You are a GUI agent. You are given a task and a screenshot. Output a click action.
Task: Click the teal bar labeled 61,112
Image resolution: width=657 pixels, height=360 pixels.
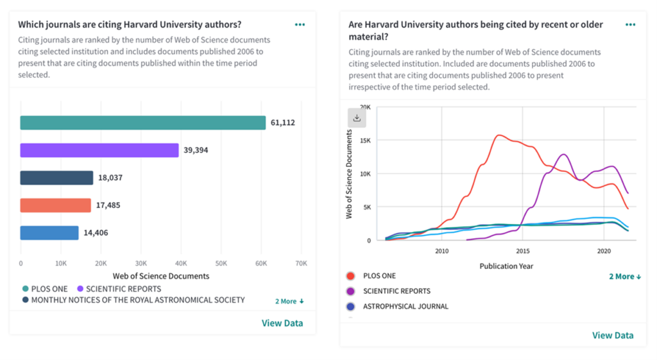click(142, 123)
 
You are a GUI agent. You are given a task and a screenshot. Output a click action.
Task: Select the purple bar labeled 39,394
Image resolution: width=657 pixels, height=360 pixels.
click(99, 150)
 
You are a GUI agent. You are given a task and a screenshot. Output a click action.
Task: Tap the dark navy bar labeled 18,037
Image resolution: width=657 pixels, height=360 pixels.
click(56, 178)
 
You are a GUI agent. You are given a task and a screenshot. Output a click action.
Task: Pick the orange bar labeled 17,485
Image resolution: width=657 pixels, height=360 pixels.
click(56, 205)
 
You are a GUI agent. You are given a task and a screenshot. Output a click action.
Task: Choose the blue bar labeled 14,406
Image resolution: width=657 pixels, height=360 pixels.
click(49, 233)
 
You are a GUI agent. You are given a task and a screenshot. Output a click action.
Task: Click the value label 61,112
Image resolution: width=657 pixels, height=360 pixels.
click(282, 123)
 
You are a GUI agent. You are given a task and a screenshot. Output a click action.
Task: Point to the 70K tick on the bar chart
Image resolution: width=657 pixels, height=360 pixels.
click(300, 263)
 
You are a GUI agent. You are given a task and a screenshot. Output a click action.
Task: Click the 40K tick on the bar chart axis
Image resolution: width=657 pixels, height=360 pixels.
click(181, 263)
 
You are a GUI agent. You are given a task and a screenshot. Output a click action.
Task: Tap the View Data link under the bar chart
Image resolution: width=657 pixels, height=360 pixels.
click(282, 323)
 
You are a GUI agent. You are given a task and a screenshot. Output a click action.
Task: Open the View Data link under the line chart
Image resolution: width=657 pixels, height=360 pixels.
click(613, 335)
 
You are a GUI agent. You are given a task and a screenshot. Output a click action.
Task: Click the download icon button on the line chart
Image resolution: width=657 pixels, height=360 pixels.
click(357, 118)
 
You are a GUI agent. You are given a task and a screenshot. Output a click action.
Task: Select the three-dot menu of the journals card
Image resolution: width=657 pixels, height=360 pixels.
click(300, 24)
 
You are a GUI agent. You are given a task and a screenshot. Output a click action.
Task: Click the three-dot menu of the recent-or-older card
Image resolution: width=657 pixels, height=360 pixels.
click(630, 24)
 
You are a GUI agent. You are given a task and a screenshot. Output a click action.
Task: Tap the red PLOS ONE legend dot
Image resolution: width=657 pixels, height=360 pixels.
click(350, 276)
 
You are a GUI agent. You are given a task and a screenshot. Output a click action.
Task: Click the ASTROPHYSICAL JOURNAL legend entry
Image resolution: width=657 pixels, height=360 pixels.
click(405, 307)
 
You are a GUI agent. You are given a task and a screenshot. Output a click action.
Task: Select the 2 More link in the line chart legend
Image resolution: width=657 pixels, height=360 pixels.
click(625, 277)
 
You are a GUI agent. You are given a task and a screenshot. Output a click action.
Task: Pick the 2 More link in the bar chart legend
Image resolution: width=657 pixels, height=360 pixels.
click(290, 301)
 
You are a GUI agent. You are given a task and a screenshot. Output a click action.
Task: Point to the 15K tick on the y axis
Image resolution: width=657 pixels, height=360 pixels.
click(365, 141)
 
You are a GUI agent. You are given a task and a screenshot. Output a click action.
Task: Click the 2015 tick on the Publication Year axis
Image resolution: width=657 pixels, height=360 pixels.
click(523, 251)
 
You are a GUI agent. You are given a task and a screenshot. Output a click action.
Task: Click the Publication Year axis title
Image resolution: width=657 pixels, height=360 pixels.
click(506, 266)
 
